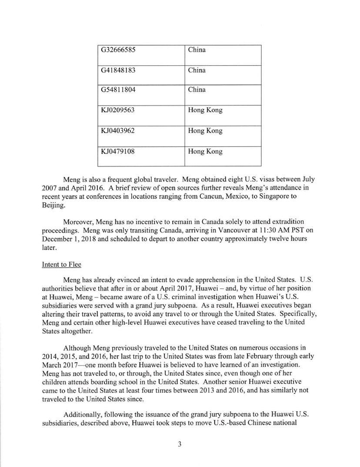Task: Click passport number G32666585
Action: [118, 50]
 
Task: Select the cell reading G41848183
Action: [118, 70]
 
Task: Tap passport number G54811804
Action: [118, 90]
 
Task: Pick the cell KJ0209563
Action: [118, 110]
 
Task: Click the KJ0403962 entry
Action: [118, 131]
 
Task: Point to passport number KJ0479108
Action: [118, 152]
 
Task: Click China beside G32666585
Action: [197, 50]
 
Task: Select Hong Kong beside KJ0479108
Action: [205, 152]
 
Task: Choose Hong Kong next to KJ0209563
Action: [205, 110]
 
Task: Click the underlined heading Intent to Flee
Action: [61, 264]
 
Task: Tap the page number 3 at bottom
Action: [179, 444]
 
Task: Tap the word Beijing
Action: [53, 205]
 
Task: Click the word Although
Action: [77, 348]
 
